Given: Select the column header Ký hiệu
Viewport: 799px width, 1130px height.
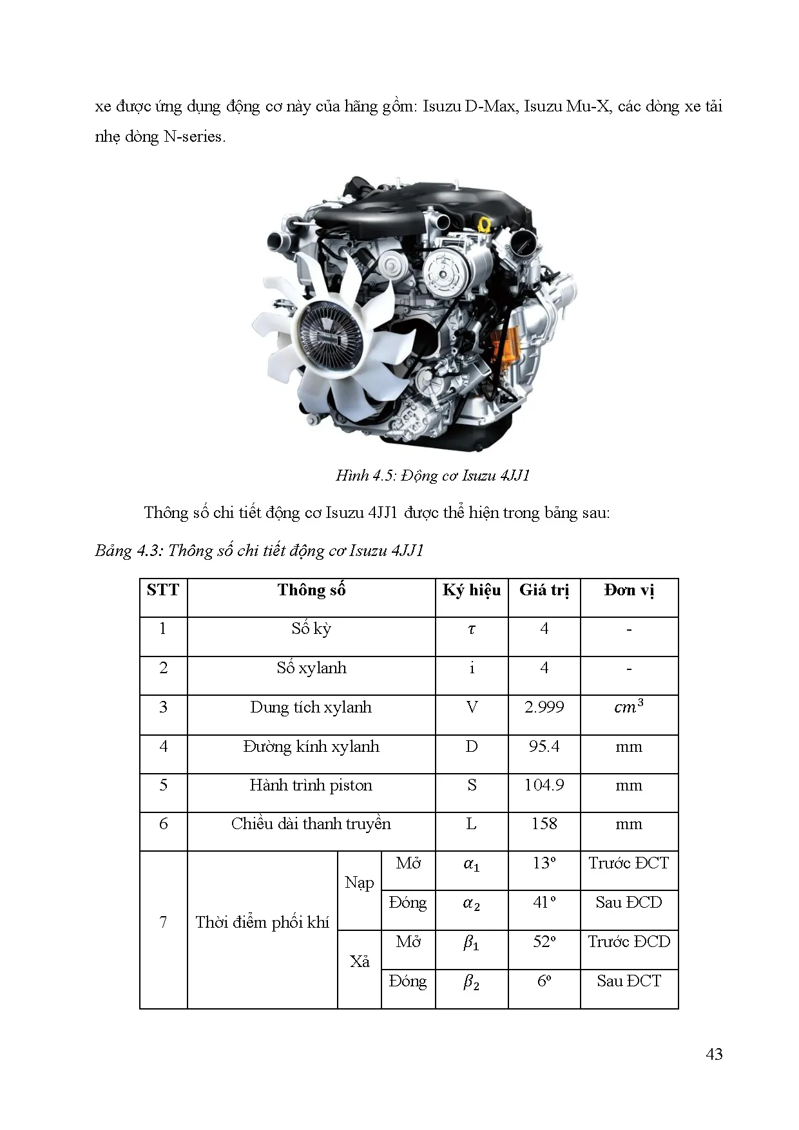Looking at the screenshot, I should pyautogui.click(x=472, y=590).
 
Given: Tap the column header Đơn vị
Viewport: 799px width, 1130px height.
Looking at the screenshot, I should pyautogui.click(x=629, y=590).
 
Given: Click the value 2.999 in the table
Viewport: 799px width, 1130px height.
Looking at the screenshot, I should pyautogui.click(x=544, y=707).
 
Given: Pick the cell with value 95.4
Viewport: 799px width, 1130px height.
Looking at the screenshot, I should pyautogui.click(x=544, y=747).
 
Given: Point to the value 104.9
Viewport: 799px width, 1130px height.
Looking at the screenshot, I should pyautogui.click(x=544, y=785).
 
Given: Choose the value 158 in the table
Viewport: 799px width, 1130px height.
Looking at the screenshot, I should pyautogui.click(x=544, y=824).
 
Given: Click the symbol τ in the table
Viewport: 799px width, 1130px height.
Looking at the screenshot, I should pyautogui.click(x=472, y=629).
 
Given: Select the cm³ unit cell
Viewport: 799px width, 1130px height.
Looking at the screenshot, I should pyautogui.click(x=629, y=707).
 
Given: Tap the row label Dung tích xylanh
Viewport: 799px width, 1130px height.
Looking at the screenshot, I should pyautogui.click(x=311, y=707).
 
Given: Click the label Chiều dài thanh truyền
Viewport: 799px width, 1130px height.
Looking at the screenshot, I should pyautogui.click(x=311, y=824).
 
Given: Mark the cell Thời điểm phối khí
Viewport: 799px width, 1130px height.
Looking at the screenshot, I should pyautogui.click(x=262, y=923).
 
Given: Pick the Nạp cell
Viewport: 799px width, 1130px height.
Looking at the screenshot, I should pyautogui.click(x=359, y=883).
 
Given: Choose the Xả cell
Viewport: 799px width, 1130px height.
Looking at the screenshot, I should pyautogui.click(x=360, y=962).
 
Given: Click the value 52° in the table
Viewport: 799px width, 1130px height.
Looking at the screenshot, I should pyautogui.click(x=544, y=942).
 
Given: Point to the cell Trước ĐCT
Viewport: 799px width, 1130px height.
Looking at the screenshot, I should pyautogui.click(x=629, y=863).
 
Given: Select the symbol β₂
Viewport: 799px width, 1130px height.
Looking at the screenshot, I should pyautogui.click(x=472, y=982).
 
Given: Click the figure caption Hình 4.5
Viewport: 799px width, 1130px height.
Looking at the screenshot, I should pyautogui.click(x=432, y=475).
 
